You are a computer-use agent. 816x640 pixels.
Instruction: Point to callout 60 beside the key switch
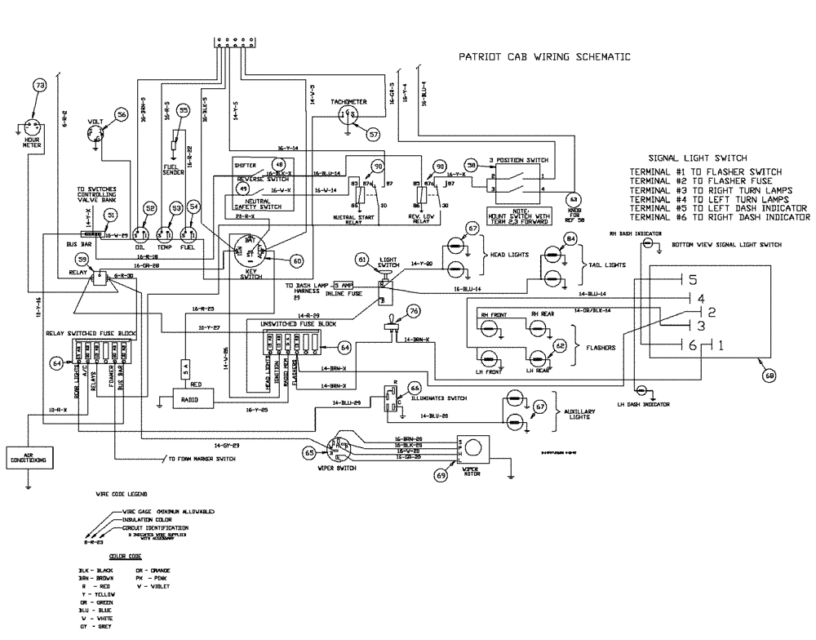[296, 260]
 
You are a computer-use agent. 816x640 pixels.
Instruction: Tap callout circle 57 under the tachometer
[373, 134]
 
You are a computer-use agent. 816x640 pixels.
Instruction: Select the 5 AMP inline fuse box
[343, 285]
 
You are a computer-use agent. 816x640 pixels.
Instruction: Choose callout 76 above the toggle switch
[415, 311]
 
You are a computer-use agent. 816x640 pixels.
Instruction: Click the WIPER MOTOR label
[476, 470]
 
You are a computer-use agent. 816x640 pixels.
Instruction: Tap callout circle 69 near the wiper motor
[442, 473]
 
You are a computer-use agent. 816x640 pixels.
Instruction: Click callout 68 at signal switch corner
[769, 376]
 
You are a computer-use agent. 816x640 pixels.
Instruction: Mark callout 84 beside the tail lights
[571, 238]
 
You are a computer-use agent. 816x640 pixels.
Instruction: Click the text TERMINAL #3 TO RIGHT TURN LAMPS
[709, 189]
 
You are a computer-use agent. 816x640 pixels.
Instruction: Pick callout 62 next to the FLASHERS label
[561, 346]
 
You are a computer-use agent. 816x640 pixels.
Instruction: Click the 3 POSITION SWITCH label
[518, 159]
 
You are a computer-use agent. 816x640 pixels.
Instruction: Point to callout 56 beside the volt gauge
[122, 116]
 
